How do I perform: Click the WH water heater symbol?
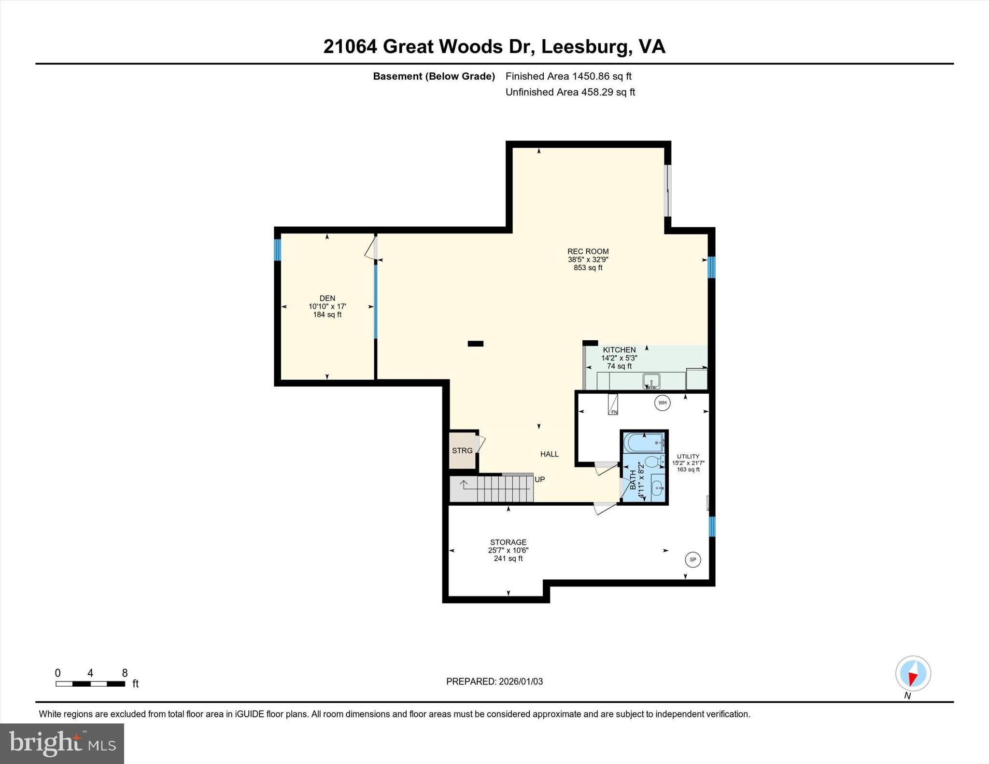tap(662, 403)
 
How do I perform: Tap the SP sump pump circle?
tap(692, 559)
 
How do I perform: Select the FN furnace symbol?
tap(613, 405)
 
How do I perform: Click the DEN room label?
tap(327, 298)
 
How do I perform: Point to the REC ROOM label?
tap(588, 251)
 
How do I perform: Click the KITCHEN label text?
tap(619, 350)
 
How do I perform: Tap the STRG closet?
tap(463, 450)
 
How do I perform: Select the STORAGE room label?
tap(508, 542)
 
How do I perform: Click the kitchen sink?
tap(651, 381)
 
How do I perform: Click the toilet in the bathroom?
tap(653, 462)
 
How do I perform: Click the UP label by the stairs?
tap(539, 479)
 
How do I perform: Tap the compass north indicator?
tap(913, 674)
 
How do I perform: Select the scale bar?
tap(90, 683)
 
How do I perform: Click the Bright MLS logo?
tap(62, 743)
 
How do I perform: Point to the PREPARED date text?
tap(494, 681)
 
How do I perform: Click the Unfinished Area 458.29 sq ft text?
tap(570, 92)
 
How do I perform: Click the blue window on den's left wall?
tap(277, 250)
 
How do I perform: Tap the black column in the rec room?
tap(475, 344)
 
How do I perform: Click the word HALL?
tap(549, 454)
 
